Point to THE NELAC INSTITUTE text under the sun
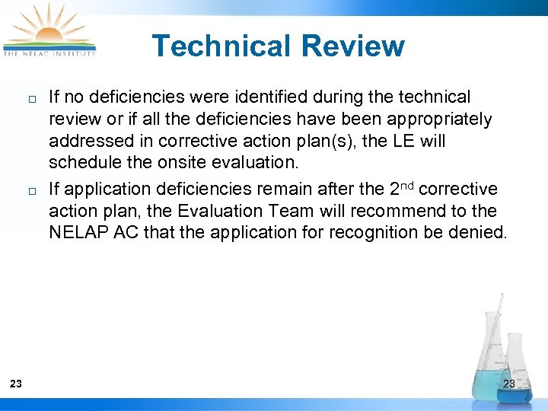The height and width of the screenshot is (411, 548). click(50, 53)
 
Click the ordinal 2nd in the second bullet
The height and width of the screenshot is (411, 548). click(396, 187)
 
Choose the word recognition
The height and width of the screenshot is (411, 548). click(374, 232)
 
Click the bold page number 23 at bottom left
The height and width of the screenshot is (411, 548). click(16, 384)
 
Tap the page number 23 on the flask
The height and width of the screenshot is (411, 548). click(509, 384)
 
